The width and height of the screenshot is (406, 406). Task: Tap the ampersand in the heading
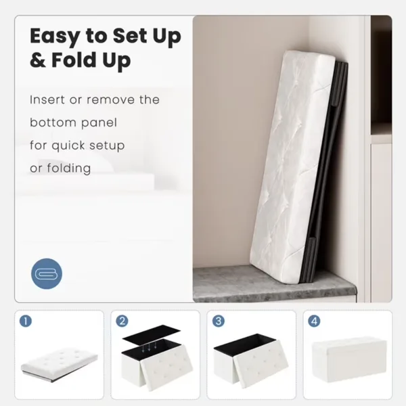[38, 60]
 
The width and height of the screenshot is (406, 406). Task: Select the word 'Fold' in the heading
[74, 60]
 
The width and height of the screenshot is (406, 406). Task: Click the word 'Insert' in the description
[47, 100]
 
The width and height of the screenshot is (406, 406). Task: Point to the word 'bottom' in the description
[51, 122]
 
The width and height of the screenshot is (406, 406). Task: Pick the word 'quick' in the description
[68, 145]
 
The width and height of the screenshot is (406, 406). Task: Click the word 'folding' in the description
[69, 168]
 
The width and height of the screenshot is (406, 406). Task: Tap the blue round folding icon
[47, 273]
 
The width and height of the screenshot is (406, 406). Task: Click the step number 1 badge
[26, 321]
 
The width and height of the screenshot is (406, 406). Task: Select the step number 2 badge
[122, 321]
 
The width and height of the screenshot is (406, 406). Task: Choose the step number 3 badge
[219, 321]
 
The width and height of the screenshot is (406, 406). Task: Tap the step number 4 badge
[314, 321]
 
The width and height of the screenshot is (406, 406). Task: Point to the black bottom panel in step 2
[151, 334]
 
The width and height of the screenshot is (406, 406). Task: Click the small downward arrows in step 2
[149, 346]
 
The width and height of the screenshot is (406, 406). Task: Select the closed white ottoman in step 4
[349, 359]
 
